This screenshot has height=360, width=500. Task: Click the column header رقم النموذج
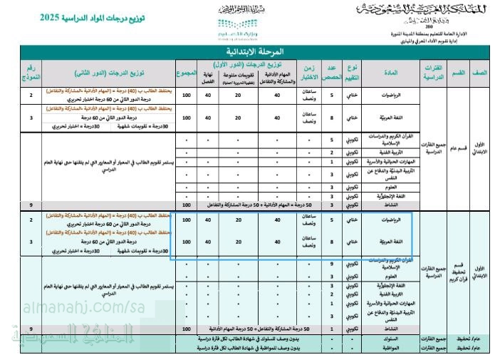(x=31, y=73)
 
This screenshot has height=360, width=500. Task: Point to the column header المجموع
(x=187, y=73)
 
